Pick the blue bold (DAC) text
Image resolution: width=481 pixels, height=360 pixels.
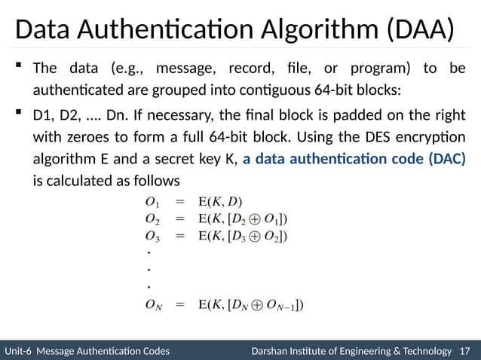(446, 160)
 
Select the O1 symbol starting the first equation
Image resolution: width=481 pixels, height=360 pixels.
(152, 202)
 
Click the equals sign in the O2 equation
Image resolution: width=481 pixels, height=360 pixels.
(180, 219)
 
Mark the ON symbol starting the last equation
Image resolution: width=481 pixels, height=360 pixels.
(154, 306)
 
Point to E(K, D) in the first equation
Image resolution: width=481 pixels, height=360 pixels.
(220, 202)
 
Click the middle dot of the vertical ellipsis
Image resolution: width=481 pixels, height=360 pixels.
(149, 268)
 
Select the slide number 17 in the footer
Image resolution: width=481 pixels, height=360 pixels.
(464, 351)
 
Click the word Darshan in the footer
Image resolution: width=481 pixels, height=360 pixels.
(269, 351)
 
